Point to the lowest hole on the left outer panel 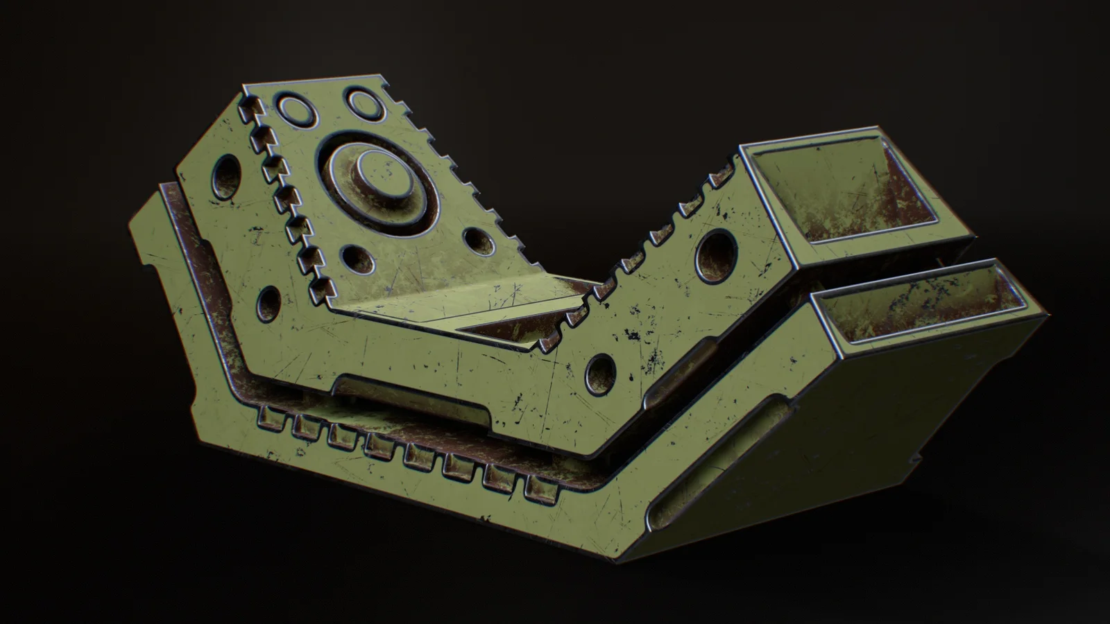click(267, 300)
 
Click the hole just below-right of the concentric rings click(478, 241)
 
